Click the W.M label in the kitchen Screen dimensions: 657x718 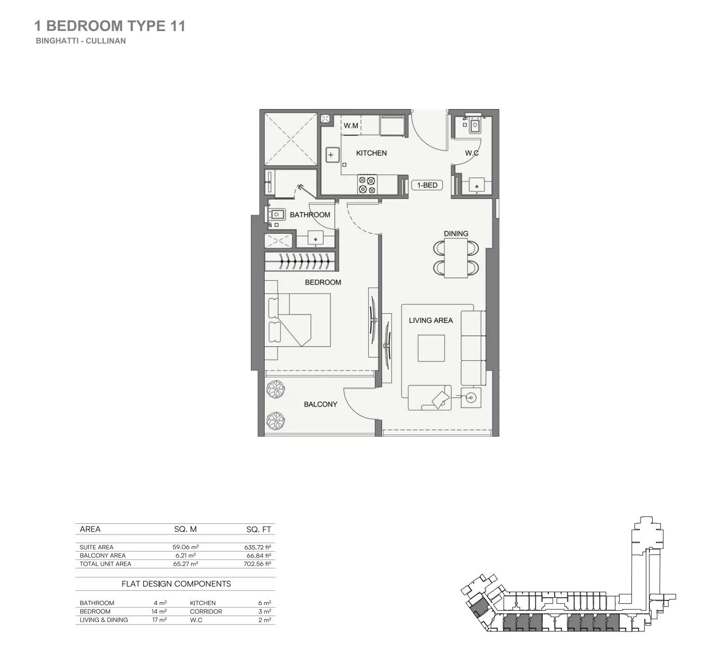coord(351,126)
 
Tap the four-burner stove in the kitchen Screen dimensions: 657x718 coord(367,185)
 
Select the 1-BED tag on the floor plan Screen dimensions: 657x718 coord(427,185)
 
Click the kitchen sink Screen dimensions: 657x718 coord(331,155)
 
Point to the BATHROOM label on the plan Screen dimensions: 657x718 coord(310,215)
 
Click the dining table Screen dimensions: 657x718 coord(455,258)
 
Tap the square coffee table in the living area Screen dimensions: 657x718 coord(431,348)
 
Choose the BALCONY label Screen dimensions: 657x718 coord(321,404)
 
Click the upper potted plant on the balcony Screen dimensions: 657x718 coord(276,389)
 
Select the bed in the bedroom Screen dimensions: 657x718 coord(297,320)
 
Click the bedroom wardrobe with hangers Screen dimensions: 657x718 coord(300,262)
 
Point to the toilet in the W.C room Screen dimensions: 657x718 coord(474,125)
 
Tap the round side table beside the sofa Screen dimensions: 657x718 coord(471,398)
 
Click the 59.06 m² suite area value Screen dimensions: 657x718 coord(186,547)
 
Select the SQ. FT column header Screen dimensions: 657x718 coord(258,529)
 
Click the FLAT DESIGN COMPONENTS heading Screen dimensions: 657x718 coord(176,584)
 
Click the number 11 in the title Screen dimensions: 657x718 coord(178,26)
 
